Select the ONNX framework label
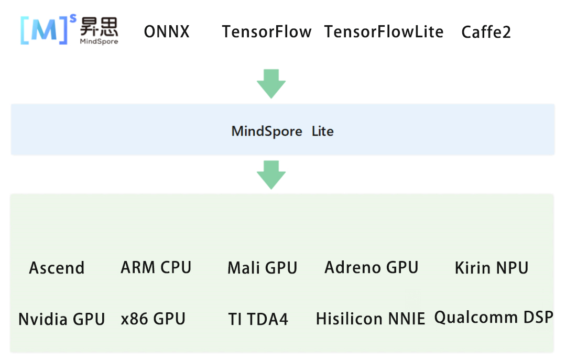(x=167, y=32)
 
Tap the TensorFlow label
(x=266, y=32)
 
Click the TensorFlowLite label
(x=384, y=32)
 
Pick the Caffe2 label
(x=486, y=32)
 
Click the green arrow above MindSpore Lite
(x=271, y=83)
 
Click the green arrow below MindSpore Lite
(x=271, y=174)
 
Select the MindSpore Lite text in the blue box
(x=282, y=131)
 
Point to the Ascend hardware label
(x=57, y=268)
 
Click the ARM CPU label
(x=156, y=267)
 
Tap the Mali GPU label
(x=262, y=268)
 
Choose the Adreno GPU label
(x=371, y=267)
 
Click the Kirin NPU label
(x=491, y=268)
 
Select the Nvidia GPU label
(x=62, y=319)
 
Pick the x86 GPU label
(x=153, y=319)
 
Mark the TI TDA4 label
(x=258, y=319)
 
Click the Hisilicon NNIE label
(x=371, y=319)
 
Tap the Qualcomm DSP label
(x=494, y=318)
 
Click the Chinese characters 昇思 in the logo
(x=99, y=26)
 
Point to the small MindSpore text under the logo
(x=99, y=41)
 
